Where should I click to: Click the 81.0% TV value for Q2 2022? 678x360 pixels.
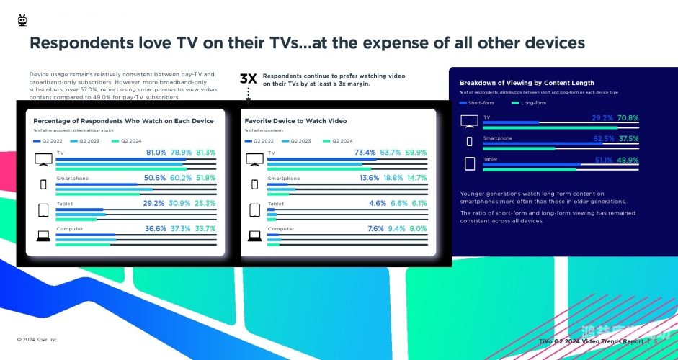pyautogui.click(x=156, y=153)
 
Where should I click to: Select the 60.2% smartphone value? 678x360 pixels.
pyautogui.click(x=181, y=178)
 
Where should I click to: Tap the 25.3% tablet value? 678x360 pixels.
pyautogui.click(x=205, y=204)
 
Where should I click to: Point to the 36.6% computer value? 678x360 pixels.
pyautogui.click(x=156, y=229)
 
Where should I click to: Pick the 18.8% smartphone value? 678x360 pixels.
pyautogui.click(x=391, y=178)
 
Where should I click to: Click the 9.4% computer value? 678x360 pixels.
pyautogui.click(x=397, y=229)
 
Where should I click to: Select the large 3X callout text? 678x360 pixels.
pyautogui.click(x=248, y=79)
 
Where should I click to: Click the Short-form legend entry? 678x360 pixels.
pyautogui.click(x=478, y=103)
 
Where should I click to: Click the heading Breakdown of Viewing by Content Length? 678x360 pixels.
pyautogui.click(x=527, y=83)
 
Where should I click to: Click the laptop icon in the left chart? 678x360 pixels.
pyautogui.click(x=43, y=235)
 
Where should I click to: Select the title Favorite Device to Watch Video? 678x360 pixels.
pyautogui.click(x=295, y=121)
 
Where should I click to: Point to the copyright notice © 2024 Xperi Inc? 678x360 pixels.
pyautogui.click(x=37, y=339)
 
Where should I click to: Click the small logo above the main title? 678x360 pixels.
pyautogui.click(x=22, y=20)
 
